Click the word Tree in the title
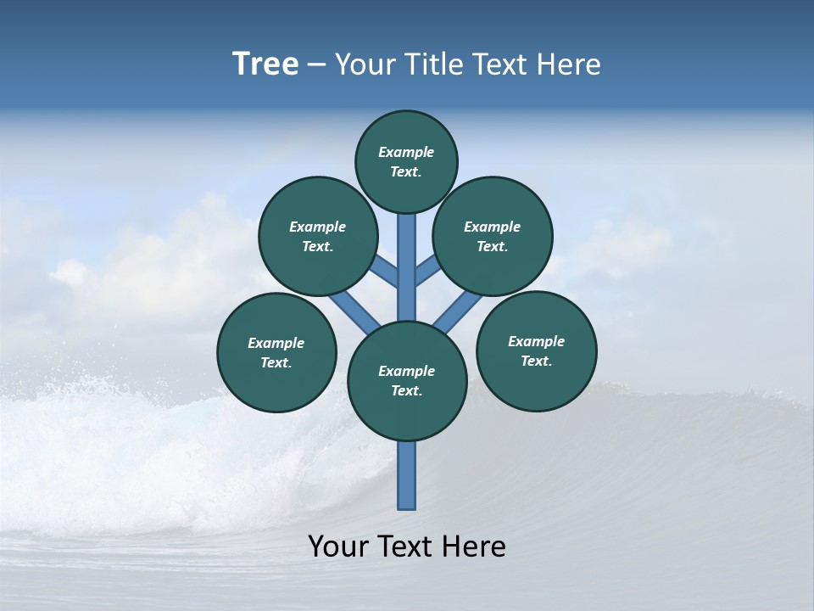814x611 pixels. pyautogui.click(x=265, y=64)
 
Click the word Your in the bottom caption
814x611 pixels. pyautogui.click(x=338, y=547)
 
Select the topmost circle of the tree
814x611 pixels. pyautogui.click(x=406, y=161)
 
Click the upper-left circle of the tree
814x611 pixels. pyautogui.click(x=318, y=236)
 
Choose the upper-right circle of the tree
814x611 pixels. pyautogui.click(x=493, y=236)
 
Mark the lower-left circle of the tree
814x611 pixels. pyautogui.click(x=276, y=352)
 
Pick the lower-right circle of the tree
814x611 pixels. pyautogui.click(x=536, y=350)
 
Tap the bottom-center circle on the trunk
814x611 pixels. pyautogui.click(x=407, y=380)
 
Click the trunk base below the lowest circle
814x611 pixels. pyautogui.click(x=407, y=475)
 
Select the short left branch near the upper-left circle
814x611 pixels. pyautogui.click(x=386, y=272)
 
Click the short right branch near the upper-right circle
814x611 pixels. pyautogui.click(x=427, y=272)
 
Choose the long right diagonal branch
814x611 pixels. pyautogui.click(x=458, y=312)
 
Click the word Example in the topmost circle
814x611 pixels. pyautogui.click(x=406, y=152)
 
